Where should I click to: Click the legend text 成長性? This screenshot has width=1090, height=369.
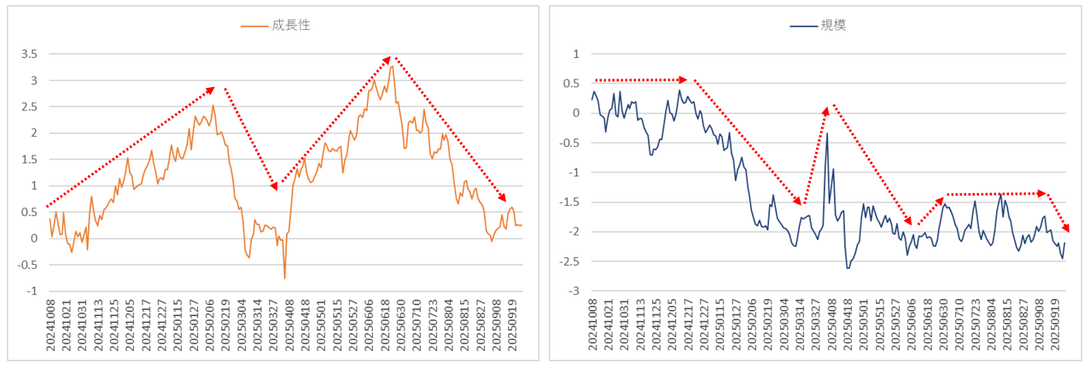(x=291, y=26)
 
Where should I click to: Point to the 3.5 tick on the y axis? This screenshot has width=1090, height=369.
(x=29, y=54)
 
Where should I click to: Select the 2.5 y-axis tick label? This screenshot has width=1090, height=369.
(x=29, y=107)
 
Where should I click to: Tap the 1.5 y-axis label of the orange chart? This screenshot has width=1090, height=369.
(x=29, y=160)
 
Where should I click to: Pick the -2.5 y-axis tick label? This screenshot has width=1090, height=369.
(x=568, y=261)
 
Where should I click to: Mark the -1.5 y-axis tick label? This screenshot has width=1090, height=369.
(x=568, y=202)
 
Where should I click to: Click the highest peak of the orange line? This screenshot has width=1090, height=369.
(x=392, y=66)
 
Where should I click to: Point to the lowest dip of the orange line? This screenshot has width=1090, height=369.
(x=284, y=278)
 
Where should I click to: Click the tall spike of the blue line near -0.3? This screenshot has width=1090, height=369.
(x=827, y=133)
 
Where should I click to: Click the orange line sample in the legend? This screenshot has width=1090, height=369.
(x=255, y=26)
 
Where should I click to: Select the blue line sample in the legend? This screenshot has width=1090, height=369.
(x=802, y=26)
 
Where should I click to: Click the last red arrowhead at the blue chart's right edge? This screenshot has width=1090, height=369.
(x=1065, y=228)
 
